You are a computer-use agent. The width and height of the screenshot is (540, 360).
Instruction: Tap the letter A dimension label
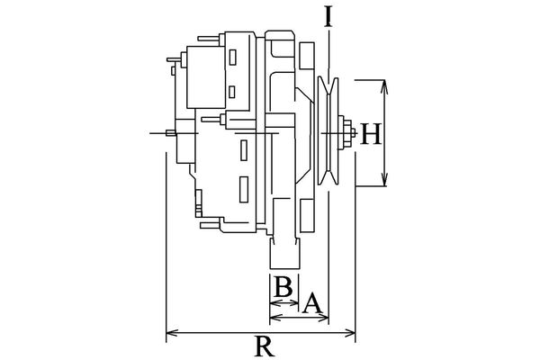[x=312, y=302]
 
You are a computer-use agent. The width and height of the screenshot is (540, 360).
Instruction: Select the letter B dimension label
[x=282, y=288]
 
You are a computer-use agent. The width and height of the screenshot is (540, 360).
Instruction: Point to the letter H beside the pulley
[x=371, y=135]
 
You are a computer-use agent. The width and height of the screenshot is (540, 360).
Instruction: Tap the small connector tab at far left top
[x=173, y=61]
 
